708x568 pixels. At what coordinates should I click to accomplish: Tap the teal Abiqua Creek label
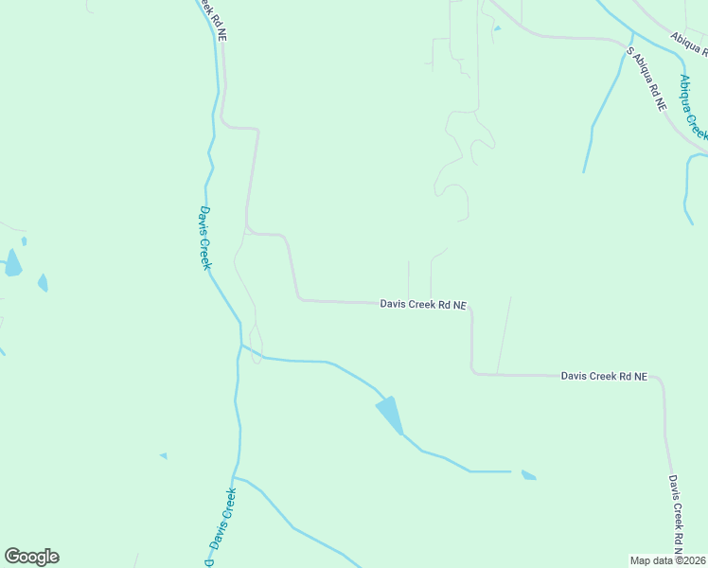pyautogui.click(x=693, y=106)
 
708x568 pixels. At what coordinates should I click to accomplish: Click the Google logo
pyautogui.click(x=31, y=557)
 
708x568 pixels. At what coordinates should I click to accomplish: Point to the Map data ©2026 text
pyautogui.click(x=667, y=560)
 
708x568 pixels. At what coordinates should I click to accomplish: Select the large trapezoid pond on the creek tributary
pyautogui.click(x=391, y=414)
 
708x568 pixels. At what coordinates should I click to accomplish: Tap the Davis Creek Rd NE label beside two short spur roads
pyautogui.click(x=423, y=305)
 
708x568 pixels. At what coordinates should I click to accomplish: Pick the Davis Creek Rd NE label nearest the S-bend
pyautogui.click(x=604, y=376)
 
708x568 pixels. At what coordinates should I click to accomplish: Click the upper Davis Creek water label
pyautogui.click(x=204, y=238)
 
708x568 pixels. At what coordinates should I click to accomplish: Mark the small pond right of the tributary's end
pyautogui.click(x=528, y=475)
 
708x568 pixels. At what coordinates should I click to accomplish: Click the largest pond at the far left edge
pyautogui.click(x=12, y=263)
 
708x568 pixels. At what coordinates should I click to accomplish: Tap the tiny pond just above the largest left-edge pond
pyautogui.click(x=24, y=241)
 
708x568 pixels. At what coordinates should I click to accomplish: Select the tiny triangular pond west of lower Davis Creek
pyautogui.click(x=164, y=456)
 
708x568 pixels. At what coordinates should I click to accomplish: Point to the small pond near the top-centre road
pyautogui.click(x=497, y=28)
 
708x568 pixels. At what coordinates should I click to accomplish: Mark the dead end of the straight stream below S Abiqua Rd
pyautogui.click(x=584, y=171)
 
